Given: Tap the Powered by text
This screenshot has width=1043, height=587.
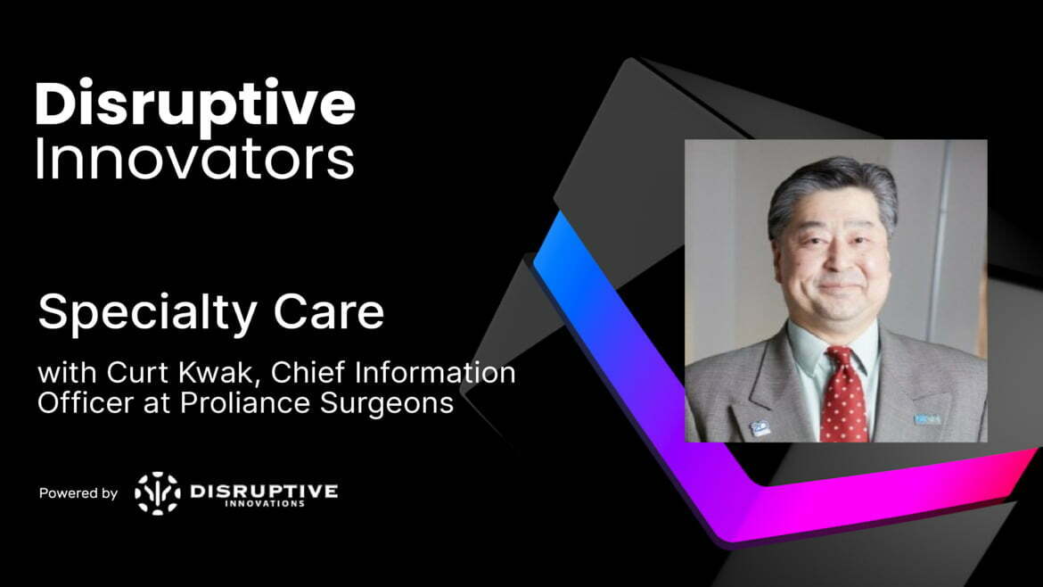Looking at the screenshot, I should [x=78, y=493].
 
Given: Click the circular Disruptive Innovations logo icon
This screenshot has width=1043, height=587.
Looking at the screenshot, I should [x=157, y=493].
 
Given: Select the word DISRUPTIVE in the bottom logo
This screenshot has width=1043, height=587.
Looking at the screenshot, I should [x=264, y=490].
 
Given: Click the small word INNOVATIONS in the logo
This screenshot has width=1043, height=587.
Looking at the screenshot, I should [x=264, y=504].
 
